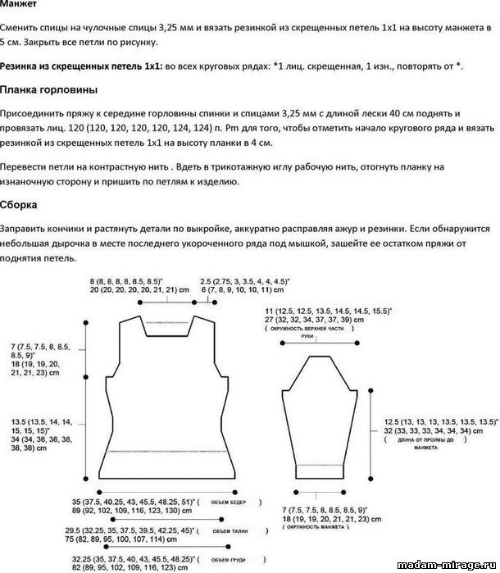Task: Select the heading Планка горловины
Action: (51, 89)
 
